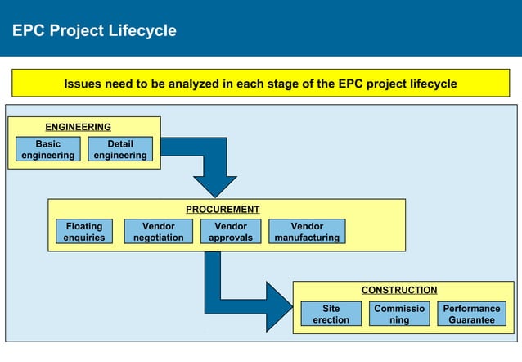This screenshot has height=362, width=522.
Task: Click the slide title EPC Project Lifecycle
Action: pyautogui.click(x=94, y=31)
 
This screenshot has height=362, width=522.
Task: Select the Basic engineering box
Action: pyautogui.click(x=47, y=149)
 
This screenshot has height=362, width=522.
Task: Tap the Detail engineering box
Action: pyautogui.click(x=120, y=149)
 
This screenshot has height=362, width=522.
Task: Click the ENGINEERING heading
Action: pyautogui.click(x=78, y=127)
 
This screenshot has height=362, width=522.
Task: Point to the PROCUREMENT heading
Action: pyautogui.click(x=223, y=210)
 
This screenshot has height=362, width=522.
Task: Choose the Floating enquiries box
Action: pyautogui.click(x=84, y=232)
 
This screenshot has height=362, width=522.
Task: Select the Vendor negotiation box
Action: pyautogui.click(x=158, y=232)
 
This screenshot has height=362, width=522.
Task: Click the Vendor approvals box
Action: pyautogui.click(x=231, y=232)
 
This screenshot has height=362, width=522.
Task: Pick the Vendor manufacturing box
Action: pyautogui.click(x=307, y=232)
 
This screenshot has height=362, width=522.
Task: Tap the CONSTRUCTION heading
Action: pyautogui.click(x=399, y=290)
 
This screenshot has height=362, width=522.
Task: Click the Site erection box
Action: pyautogui.click(x=331, y=314)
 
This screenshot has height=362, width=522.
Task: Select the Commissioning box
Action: pyautogui.click(x=399, y=314)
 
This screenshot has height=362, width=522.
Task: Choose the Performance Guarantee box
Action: pyautogui.click(x=471, y=314)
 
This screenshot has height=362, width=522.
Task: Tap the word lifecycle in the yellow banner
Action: pyautogui.click(x=430, y=84)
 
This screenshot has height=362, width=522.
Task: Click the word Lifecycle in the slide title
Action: pyautogui.click(x=143, y=31)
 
